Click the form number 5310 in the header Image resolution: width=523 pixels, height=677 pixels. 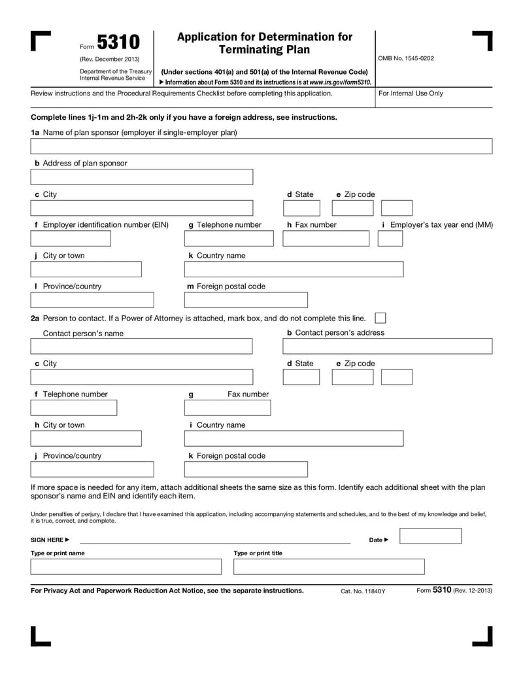118,43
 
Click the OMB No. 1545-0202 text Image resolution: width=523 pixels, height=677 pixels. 405,58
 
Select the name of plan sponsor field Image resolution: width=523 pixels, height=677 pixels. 261,146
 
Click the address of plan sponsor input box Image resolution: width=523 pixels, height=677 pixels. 141,177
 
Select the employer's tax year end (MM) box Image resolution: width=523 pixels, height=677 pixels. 390,239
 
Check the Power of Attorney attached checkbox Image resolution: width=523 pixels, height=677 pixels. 380,318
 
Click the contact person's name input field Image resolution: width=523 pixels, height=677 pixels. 141,346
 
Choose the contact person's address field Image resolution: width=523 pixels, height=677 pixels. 387,346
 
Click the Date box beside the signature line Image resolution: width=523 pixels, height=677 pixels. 430,536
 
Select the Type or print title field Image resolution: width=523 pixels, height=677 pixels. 329,566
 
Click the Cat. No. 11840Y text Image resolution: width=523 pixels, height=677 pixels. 363,591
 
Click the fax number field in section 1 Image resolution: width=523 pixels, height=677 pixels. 326,239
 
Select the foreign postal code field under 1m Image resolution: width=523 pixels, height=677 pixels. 246,300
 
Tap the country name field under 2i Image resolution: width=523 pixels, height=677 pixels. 294,438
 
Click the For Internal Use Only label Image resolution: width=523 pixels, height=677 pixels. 411,94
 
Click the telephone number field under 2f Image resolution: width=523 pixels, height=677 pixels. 74,408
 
